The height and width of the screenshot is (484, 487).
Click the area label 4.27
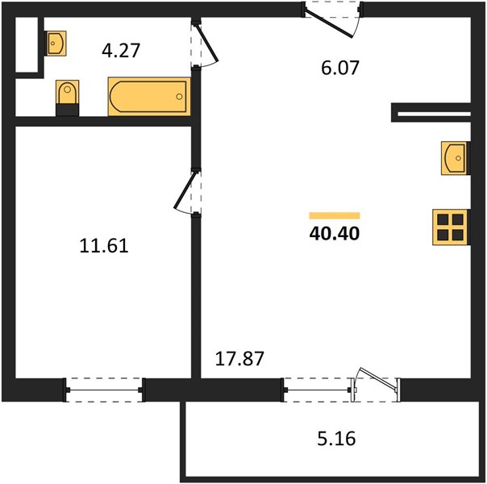(121, 51)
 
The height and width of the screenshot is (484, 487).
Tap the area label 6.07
(340, 68)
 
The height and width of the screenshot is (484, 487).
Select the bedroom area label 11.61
(104, 246)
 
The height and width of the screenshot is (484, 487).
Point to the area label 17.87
(239, 358)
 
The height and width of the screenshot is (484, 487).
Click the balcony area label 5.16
(336, 439)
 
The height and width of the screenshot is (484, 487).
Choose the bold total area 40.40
(335, 234)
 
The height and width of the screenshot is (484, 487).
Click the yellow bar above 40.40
(335, 215)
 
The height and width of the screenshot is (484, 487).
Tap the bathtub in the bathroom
(149, 97)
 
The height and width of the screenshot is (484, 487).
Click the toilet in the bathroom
(67, 92)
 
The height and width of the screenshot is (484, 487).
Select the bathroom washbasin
(56, 44)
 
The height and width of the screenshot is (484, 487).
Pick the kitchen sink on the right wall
(455, 158)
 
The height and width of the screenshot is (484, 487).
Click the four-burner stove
(450, 227)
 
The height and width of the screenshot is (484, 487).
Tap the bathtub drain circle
(179, 97)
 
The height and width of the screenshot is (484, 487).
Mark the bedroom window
(104, 390)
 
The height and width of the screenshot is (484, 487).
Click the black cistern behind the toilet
(67, 111)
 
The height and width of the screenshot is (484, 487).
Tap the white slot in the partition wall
(435, 114)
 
